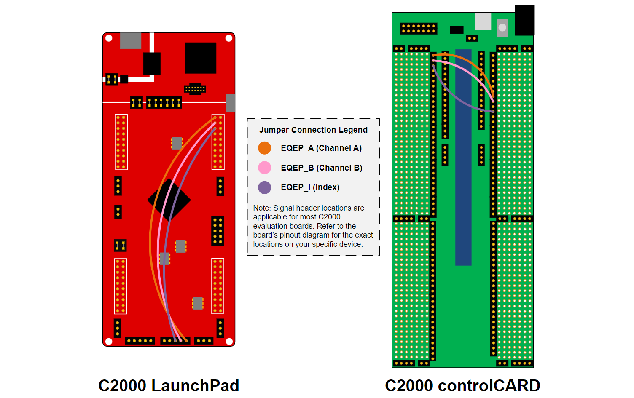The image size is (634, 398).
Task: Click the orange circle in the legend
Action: coord(264,148)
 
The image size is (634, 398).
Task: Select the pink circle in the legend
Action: coord(264,168)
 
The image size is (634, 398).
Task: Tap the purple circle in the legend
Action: coord(264,187)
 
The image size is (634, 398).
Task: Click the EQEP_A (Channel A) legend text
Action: coord(321,148)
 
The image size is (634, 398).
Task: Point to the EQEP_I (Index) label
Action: coord(310,187)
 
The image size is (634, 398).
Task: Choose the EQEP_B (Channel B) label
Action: coord(321,168)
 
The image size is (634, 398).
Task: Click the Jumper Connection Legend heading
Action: coord(313,130)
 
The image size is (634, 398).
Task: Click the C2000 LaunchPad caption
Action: coord(169,385)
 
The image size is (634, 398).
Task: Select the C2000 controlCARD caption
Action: coord(462,385)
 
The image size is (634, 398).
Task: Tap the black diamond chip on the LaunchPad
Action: coord(169,200)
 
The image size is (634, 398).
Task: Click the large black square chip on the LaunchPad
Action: coord(201,58)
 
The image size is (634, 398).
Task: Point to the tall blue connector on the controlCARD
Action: coord(463,157)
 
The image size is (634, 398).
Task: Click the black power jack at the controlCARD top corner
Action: coord(524,20)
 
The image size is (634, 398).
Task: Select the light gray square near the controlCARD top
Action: coord(483,21)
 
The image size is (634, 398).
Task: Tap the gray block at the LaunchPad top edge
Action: coord(131,40)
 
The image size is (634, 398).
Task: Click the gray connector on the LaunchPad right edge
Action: coord(230,103)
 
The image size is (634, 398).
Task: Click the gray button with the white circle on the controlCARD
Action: coord(502,27)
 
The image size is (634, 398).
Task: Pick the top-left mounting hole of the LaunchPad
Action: coord(109,38)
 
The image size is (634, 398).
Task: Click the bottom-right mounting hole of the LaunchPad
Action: coord(229,341)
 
